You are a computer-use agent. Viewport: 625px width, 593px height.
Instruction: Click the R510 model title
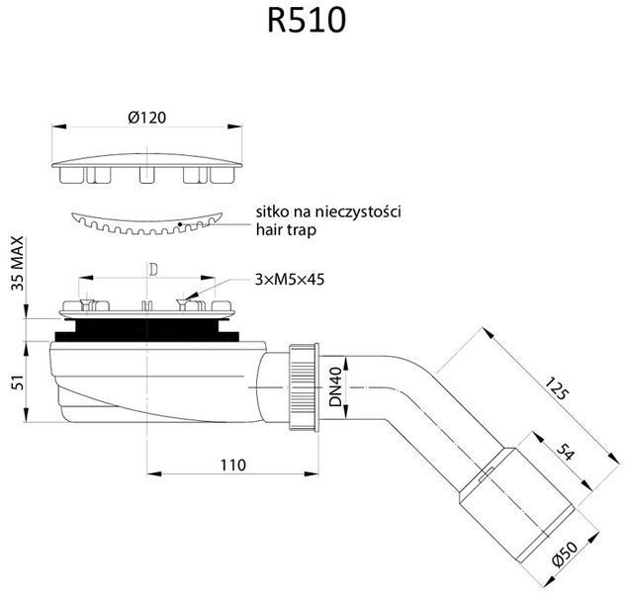click(x=307, y=21)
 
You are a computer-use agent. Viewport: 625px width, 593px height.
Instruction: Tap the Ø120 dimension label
click(x=147, y=118)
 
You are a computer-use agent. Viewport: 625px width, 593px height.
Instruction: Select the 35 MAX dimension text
click(x=17, y=263)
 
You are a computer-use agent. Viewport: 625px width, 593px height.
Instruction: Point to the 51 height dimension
click(x=18, y=381)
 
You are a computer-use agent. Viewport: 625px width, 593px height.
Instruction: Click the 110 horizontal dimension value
click(x=233, y=465)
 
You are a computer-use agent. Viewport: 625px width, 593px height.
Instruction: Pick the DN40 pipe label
click(x=336, y=387)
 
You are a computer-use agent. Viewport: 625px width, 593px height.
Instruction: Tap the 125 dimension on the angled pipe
click(x=556, y=388)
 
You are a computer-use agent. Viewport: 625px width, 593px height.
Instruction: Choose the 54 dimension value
click(x=566, y=452)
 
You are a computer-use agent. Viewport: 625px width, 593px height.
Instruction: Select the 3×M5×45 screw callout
click(x=290, y=280)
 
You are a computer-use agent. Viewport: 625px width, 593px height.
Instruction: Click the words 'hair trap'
click(x=286, y=230)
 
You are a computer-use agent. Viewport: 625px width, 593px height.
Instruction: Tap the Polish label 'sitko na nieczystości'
click(x=328, y=212)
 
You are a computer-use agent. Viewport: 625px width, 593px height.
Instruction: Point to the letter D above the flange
click(x=153, y=270)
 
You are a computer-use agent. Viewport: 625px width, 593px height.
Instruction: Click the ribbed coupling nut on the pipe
click(x=304, y=387)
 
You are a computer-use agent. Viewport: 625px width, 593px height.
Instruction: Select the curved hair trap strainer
click(x=146, y=223)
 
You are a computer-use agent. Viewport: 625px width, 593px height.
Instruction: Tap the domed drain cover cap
click(x=146, y=168)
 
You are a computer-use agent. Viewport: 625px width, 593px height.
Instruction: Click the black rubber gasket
click(x=146, y=330)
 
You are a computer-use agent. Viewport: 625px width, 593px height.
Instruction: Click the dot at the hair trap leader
click(x=180, y=224)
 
